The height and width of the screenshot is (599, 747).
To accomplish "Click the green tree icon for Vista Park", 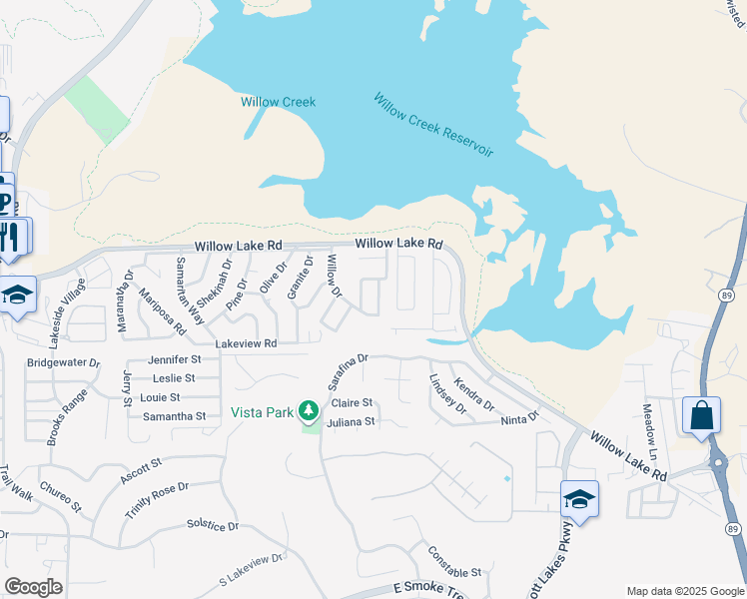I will click(x=310, y=410).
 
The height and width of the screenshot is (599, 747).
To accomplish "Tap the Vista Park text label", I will click(x=263, y=411).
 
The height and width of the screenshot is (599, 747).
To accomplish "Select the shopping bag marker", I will click(x=702, y=414).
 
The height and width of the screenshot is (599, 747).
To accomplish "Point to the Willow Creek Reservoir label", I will click(x=433, y=124).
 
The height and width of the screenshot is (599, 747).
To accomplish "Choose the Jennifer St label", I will click(x=174, y=358).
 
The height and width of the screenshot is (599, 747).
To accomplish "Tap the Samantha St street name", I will click(x=173, y=416).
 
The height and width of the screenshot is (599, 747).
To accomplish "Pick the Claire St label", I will click(x=352, y=403).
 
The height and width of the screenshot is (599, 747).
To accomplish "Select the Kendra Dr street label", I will click(x=473, y=393).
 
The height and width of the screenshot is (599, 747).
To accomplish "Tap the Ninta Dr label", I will click(x=519, y=418).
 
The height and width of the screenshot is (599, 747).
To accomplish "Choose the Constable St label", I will click(x=454, y=561).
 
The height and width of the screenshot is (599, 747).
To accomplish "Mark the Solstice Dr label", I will click(x=213, y=525).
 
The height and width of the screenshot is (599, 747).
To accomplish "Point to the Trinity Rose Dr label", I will click(x=157, y=499).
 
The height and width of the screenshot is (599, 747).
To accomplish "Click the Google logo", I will click(x=34, y=587).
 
